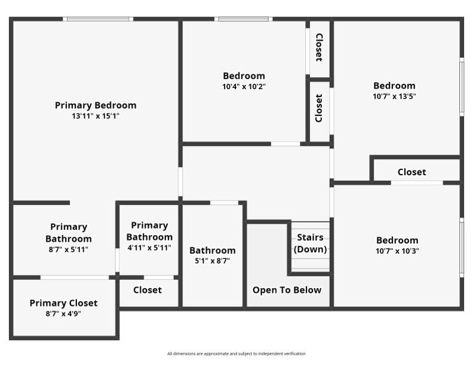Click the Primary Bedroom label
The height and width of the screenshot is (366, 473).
(x=96, y=105)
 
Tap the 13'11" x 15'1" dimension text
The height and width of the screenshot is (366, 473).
(x=96, y=116)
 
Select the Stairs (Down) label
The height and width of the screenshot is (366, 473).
(x=311, y=243)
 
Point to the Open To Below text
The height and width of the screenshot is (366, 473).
(x=287, y=290)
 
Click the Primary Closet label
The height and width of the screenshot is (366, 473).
(x=63, y=303)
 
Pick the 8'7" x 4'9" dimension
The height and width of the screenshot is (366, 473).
(x=63, y=313)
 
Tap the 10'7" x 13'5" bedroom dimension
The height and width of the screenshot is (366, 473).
(x=394, y=96)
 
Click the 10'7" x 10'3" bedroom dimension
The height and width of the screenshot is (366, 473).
(x=397, y=251)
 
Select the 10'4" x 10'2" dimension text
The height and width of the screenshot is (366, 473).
(x=244, y=86)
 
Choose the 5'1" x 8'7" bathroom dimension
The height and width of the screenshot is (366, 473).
(x=213, y=261)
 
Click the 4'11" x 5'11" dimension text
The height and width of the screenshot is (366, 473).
(x=149, y=248)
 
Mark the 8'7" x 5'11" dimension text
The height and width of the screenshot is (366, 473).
(x=68, y=249)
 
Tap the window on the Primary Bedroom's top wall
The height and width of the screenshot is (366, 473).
(x=98, y=19)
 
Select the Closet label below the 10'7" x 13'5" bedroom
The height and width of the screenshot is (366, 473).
(x=412, y=172)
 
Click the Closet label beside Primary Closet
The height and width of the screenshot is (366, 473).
(x=148, y=290)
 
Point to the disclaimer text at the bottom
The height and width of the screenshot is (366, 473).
(x=236, y=353)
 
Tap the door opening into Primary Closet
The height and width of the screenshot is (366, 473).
(x=75, y=277)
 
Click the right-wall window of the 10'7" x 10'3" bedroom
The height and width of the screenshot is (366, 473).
(x=461, y=247)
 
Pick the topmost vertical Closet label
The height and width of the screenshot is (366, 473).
(x=319, y=47)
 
